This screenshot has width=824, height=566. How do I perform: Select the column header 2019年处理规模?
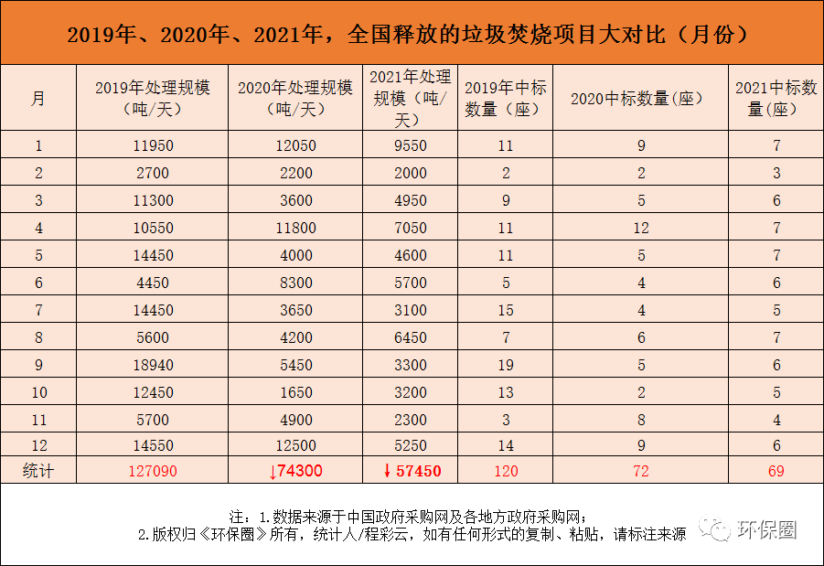pyautogui.click(x=152, y=98)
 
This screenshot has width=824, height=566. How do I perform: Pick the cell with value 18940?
pyautogui.click(x=152, y=365)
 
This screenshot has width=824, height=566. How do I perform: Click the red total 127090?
pyautogui.click(x=152, y=472)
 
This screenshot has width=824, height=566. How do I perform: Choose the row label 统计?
pyautogui.click(x=37, y=472)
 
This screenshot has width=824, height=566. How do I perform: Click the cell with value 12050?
pyautogui.click(x=295, y=145)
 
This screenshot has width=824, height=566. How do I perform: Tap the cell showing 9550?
pyautogui.click(x=412, y=145)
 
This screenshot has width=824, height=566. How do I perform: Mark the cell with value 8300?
pyautogui.click(x=295, y=283)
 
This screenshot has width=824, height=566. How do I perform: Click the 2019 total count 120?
pyautogui.click(x=505, y=472)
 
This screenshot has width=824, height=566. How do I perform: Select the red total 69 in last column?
pyautogui.click(x=776, y=472)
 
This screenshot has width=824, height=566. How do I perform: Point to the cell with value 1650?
pyautogui.click(x=295, y=392)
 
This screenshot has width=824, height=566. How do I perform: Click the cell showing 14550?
pyautogui.click(x=152, y=446)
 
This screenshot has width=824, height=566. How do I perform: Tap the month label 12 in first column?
pyautogui.click(x=37, y=446)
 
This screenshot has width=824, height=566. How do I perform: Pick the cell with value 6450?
pyautogui.click(x=412, y=337)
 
